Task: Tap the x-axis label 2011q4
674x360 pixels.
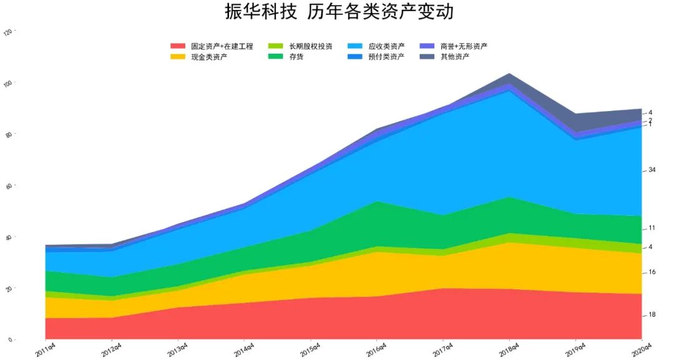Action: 46,348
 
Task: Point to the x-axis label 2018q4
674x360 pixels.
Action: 509,348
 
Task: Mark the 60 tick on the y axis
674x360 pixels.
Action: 9,186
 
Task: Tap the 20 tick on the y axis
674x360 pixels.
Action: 9,289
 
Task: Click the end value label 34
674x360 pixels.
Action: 652,170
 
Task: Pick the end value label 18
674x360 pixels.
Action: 652,314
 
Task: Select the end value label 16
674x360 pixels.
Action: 652,272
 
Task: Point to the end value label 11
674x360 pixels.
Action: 652,228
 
